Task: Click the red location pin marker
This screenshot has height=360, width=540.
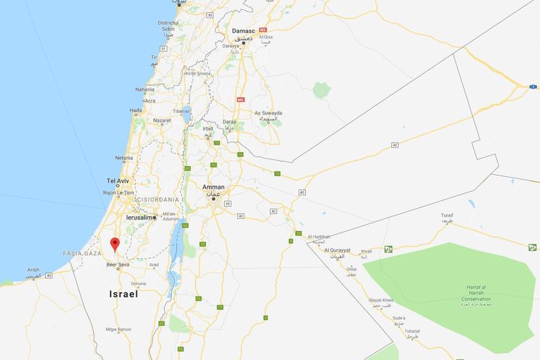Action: [115, 245]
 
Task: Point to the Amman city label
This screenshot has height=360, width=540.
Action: [213, 186]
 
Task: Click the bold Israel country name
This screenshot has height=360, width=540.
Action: [124, 294]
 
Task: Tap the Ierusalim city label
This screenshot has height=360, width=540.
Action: [140, 217]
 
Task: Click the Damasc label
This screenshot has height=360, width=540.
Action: [244, 31]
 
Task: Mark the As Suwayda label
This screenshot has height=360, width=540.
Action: [268, 113]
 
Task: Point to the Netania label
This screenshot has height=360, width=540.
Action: [124, 158]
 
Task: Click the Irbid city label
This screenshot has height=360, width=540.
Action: [207, 128]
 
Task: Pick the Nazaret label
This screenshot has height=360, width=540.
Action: [162, 121]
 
